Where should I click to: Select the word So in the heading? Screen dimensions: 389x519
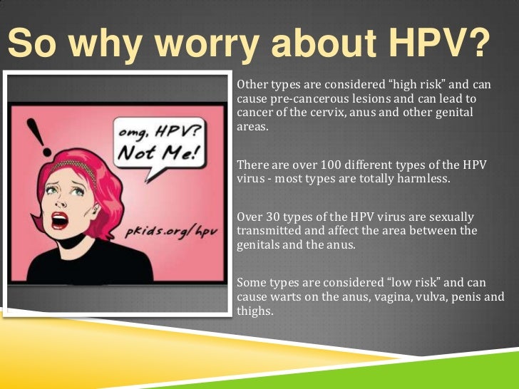click(x=32, y=44)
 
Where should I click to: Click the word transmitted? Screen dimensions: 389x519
click(x=267, y=232)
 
